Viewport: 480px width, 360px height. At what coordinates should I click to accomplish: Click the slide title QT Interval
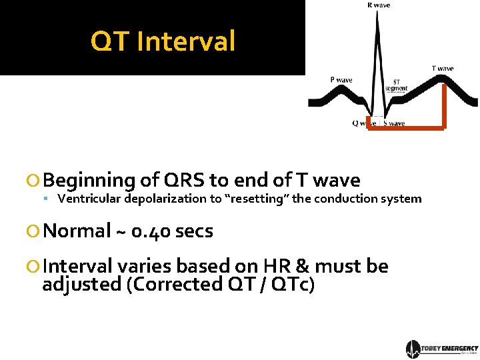point(163,41)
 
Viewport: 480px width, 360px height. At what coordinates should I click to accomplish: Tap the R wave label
point(379,5)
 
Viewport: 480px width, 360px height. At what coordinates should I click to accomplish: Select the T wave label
point(443,68)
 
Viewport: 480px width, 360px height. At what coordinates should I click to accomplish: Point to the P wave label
point(341,80)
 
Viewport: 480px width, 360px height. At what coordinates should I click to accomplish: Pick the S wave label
point(394,123)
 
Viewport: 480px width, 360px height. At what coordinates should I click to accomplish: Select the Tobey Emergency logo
point(441,349)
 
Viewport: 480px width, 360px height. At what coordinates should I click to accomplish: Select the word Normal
point(77,231)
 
